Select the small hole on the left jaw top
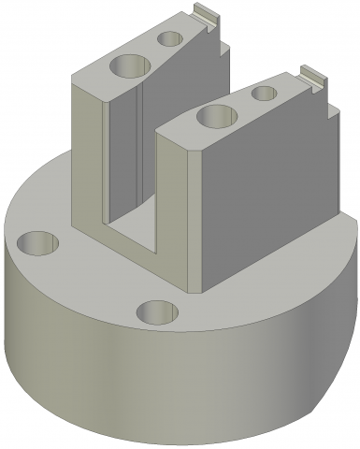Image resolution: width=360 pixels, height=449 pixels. pos(170,38)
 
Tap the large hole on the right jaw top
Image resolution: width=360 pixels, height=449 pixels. pos(217,117)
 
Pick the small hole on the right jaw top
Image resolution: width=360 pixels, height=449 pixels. pos(266,94)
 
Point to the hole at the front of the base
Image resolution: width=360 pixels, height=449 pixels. pos(157,311)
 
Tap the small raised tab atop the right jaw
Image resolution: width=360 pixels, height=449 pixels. pos(311,75)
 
